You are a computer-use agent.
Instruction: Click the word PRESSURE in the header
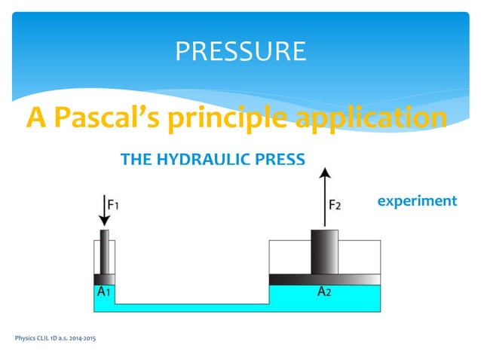pyautogui.click(x=240, y=51)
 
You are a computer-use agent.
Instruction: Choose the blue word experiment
pyautogui.click(x=417, y=201)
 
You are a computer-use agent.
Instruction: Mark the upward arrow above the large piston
pyautogui.click(x=325, y=196)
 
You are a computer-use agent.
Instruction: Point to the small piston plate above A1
pyautogui.click(x=105, y=279)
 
